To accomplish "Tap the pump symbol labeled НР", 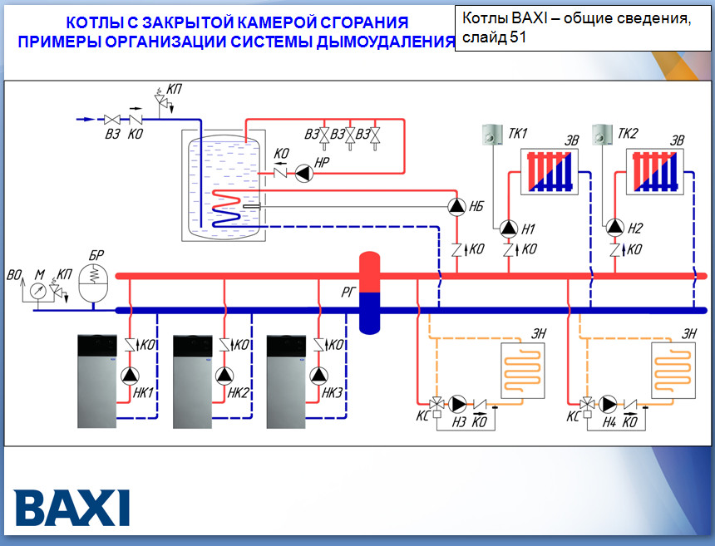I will (303, 173).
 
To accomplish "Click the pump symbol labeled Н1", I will (509, 227).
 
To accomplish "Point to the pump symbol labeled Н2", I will (614, 227).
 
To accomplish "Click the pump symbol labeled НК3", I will (319, 375).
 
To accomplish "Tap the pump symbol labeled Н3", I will (457, 405).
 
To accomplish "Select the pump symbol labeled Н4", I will (609, 405).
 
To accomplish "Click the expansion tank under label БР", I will (93, 286).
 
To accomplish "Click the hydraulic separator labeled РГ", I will (369, 292).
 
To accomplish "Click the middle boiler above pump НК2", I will (193, 381).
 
